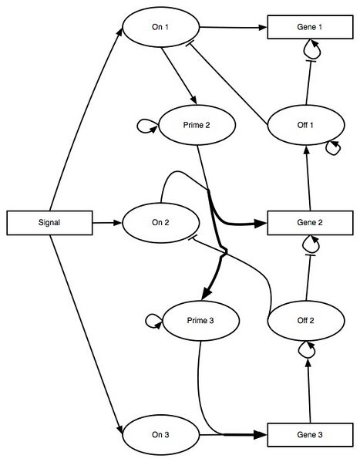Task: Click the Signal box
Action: click(48, 223)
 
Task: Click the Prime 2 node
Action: click(197, 126)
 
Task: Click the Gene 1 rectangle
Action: click(305, 28)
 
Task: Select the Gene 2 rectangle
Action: click(305, 223)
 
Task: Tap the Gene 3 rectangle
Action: click(305, 434)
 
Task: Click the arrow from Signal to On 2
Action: click(104, 223)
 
